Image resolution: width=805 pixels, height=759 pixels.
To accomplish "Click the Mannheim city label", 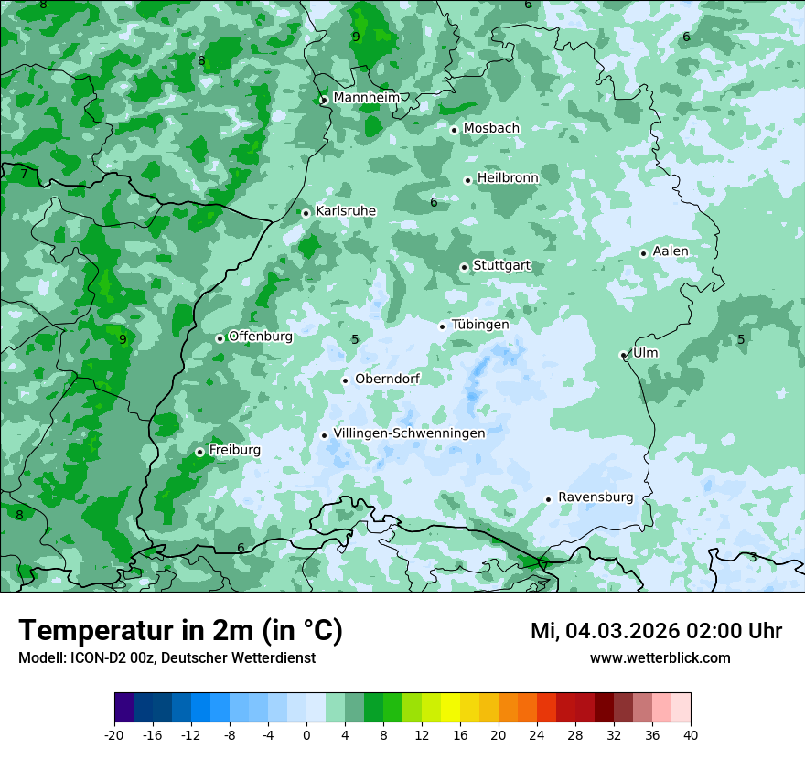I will [366, 98].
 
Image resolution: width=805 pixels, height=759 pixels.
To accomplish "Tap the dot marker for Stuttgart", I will [464, 267].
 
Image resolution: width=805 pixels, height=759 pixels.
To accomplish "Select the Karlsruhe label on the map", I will [346, 211].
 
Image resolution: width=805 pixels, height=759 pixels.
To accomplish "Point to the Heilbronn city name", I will [508, 178].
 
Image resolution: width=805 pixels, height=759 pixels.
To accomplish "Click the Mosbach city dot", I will [454, 130].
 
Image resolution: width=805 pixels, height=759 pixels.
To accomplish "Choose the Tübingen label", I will [480, 325].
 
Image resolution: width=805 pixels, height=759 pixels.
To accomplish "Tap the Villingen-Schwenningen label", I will [409, 433].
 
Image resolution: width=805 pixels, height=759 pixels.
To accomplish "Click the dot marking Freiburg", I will [199, 452].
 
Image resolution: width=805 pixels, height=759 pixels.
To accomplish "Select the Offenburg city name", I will [261, 337].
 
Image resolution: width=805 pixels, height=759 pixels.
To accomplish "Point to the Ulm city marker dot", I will [623, 355].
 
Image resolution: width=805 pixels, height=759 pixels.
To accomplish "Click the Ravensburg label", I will [596, 497].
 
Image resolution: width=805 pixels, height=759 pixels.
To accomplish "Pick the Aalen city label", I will [671, 251].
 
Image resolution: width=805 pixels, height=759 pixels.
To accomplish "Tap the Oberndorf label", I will [387, 379].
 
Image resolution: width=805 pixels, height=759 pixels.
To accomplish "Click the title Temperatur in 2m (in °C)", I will [180, 631].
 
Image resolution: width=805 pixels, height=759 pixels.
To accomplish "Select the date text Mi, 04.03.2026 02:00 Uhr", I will [656, 631].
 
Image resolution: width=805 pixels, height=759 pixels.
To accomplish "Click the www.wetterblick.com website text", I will [660, 658].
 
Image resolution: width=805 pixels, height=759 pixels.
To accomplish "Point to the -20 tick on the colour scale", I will [114, 734].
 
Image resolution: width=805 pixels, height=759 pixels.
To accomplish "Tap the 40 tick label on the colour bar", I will [691, 734].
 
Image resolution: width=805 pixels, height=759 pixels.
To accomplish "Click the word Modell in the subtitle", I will [41, 658].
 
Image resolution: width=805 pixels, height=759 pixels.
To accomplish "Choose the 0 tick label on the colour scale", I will [306, 734].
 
